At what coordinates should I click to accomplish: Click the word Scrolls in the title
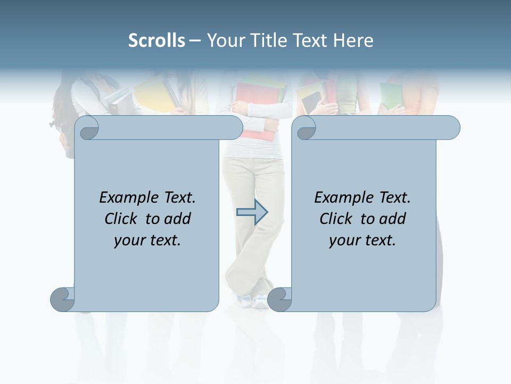pos(157,41)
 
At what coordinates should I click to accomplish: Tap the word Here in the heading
pos(353,41)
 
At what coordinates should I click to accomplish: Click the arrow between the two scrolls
pos(252,212)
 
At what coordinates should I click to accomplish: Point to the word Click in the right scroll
pos(337,219)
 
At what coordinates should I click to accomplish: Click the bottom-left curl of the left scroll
pos(62,299)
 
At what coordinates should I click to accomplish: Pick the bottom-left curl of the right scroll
pos(279,299)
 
